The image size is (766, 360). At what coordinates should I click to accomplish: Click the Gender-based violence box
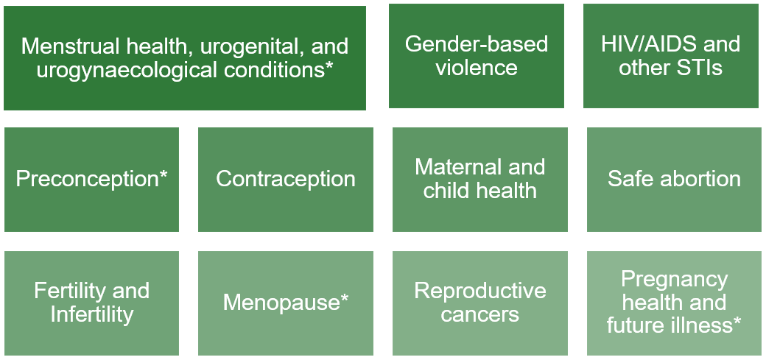click(477, 56)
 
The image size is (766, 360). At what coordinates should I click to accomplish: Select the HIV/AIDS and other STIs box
click(671, 56)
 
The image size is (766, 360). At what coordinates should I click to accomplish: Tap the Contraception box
click(286, 180)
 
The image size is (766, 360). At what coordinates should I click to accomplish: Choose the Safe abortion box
click(675, 180)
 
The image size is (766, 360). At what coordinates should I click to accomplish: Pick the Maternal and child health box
click(480, 180)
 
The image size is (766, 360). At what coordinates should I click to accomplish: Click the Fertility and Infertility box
click(91, 303)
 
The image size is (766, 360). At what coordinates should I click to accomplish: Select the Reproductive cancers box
click(480, 303)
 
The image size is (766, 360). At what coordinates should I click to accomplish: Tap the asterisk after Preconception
click(163, 174)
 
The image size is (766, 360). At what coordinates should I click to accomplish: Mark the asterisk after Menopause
click(344, 298)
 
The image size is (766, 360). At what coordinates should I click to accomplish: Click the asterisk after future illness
click(736, 322)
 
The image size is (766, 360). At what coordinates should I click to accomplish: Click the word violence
click(477, 68)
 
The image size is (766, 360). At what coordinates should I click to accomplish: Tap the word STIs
click(695, 68)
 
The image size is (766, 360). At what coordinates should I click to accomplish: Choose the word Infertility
click(92, 315)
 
